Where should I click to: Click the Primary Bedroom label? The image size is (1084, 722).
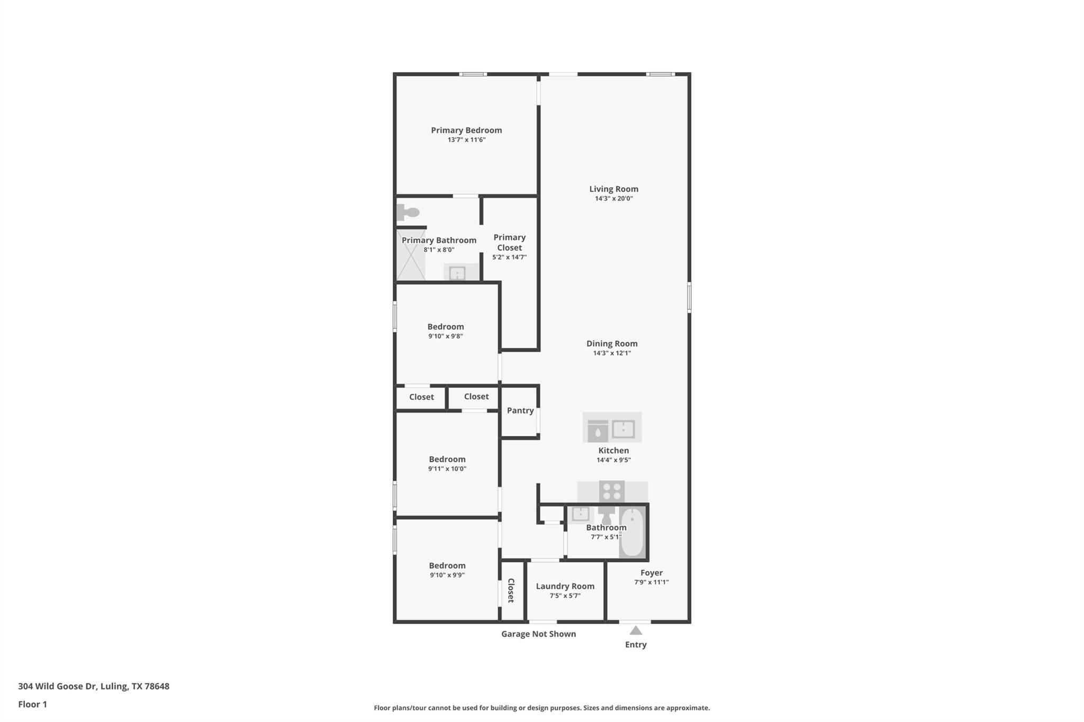click(x=466, y=130)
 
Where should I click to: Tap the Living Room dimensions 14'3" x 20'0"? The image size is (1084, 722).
click(x=613, y=199)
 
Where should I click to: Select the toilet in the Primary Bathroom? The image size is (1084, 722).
click(x=408, y=213)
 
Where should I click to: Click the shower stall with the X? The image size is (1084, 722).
click(x=411, y=255)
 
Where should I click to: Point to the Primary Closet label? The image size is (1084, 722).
click(x=509, y=242)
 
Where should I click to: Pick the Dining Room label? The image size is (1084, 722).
click(x=612, y=344)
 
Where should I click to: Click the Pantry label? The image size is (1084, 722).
click(x=520, y=410)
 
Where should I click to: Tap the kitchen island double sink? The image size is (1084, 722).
click(x=623, y=429)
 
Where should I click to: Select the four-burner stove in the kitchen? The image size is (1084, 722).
click(x=611, y=491)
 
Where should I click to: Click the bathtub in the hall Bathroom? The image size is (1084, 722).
click(x=632, y=532)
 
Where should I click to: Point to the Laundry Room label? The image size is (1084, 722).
click(x=565, y=586)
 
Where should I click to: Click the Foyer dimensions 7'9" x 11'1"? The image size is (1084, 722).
click(x=651, y=582)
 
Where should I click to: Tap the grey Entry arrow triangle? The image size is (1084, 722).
click(x=636, y=630)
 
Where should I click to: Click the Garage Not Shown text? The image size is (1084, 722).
click(x=538, y=634)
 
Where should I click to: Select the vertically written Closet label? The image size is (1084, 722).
click(x=511, y=590)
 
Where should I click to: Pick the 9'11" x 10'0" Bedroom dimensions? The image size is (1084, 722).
click(x=447, y=469)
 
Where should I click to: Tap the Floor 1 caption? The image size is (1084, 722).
click(x=32, y=704)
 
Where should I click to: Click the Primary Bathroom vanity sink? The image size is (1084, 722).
click(x=457, y=273)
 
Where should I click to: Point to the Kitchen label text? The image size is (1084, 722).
click(x=613, y=451)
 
